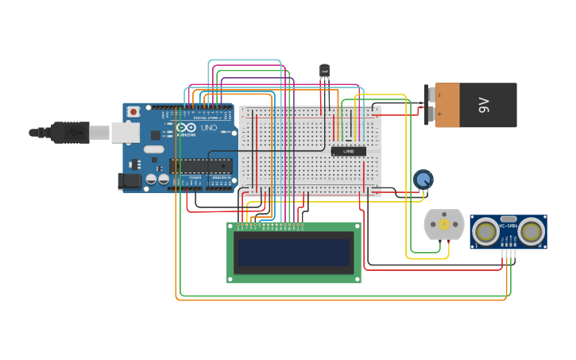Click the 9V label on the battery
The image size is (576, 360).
click(x=484, y=105)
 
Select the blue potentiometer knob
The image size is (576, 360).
click(x=423, y=180)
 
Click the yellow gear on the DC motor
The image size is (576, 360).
click(x=443, y=225)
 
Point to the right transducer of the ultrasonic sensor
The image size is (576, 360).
click(x=532, y=231)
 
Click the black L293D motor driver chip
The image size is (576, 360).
click(x=349, y=151)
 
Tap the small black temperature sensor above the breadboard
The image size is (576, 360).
click(x=324, y=72)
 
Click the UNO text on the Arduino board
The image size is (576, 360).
click(x=208, y=127)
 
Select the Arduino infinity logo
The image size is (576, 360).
click(x=187, y=127)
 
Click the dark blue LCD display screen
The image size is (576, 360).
click(x=294, y=253)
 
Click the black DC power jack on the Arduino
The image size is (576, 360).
click(x=131, y=181)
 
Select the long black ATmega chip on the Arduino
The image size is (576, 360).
click(x=200, y=166)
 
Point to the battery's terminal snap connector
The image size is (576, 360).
click(x=430, y=105)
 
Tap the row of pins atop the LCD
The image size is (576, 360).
click(x=270, y=226)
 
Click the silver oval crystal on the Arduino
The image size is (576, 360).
click(x=153, y=149)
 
